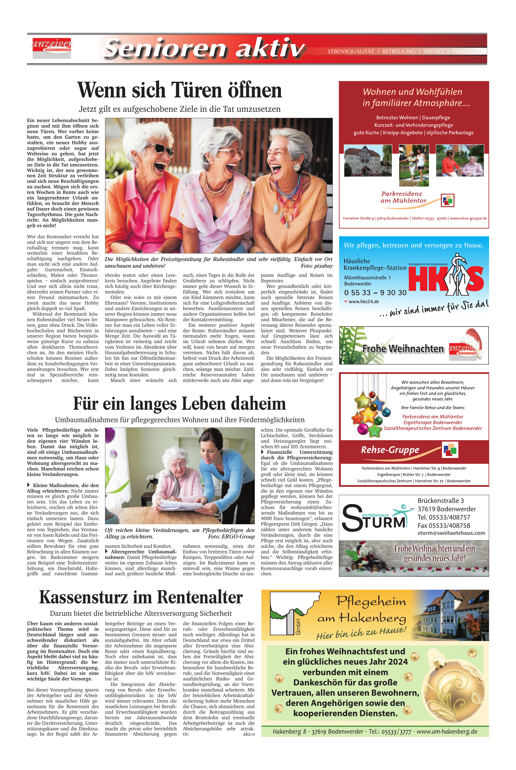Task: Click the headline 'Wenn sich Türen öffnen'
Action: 179,90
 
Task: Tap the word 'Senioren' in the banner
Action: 164,48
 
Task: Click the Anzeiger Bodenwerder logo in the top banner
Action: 51,47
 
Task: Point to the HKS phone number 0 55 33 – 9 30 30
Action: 375,293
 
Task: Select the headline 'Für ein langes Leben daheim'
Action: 179,404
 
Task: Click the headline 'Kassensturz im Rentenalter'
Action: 141,597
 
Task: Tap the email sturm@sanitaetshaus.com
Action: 451,533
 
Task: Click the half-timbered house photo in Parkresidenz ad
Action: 368,160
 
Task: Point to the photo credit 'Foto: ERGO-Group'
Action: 231,537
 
